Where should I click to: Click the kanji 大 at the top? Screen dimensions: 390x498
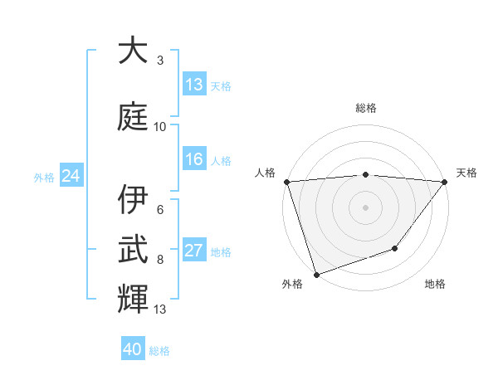coord(133,51)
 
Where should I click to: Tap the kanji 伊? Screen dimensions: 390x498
coord(133,200)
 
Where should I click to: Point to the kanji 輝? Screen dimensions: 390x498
coord(133,298)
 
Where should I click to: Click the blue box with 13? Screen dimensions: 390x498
coord(194,85)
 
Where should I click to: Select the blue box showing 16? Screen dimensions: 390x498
coord(194,159)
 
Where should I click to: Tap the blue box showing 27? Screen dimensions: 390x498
coord(194,251)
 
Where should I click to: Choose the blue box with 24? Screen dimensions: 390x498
coord(71,175)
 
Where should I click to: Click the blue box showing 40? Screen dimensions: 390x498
coord(133,349)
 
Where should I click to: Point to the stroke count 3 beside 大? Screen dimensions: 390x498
coord(160,61)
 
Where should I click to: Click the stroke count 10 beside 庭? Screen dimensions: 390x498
coord(160,127)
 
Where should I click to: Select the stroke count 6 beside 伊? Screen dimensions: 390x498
coord(160,210)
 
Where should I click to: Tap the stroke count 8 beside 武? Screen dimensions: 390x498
coord(160,260)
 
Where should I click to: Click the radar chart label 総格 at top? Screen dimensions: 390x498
coord(366,108)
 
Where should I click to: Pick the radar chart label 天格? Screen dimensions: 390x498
coord(466,173)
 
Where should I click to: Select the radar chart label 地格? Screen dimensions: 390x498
coord(435,284)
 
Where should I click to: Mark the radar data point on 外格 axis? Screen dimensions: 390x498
coord(316,273)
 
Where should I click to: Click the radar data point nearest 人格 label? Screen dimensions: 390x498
coord(287,182)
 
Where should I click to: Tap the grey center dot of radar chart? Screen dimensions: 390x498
coord(366,207)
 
